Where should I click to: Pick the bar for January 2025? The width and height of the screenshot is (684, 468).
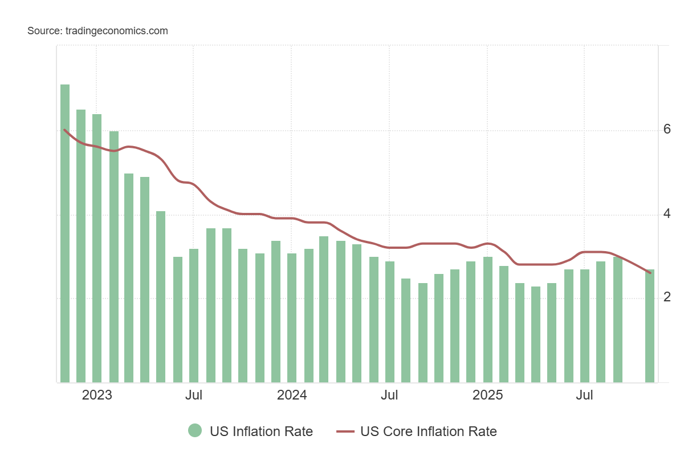(488, 320)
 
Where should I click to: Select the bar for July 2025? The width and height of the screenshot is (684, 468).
(585, 325)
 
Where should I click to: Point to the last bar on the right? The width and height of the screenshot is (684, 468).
(650, 325)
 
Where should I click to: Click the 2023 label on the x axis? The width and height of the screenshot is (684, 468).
(97, 396)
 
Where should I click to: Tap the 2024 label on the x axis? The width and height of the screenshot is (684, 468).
(292, 396)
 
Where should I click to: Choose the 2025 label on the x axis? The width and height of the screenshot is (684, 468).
(488, 396)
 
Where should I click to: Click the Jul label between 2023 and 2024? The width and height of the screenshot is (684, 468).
(194, 396)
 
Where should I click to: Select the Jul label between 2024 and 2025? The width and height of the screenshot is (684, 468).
(389, 396)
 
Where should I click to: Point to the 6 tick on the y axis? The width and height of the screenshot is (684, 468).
(667, 130)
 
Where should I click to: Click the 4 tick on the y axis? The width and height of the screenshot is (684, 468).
(667, 214)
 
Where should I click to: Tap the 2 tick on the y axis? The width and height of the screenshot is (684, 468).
(667, 297)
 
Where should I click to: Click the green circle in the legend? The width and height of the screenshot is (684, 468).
(195, 431)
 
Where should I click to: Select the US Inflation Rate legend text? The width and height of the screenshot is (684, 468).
(261, 431)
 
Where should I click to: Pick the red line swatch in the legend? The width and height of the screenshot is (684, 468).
(345, 431)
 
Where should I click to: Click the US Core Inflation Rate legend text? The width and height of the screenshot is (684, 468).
(428, 431)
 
